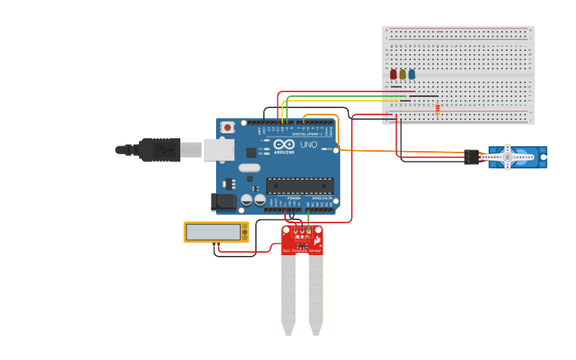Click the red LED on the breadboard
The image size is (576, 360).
[393, 75]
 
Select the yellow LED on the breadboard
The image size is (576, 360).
[403, 75]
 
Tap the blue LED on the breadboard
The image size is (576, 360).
[412, 75]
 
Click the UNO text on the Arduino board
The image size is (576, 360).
[307, 145]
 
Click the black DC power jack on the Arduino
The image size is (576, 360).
[224, 202]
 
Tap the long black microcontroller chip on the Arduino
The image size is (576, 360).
[300, 186]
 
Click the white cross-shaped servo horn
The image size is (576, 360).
[507, 157]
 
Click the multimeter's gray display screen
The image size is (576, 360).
[214, 232]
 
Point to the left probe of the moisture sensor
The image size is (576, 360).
[288, 294]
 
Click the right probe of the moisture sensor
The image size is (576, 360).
[315, 294]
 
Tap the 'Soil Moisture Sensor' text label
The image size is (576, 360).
[303, 250]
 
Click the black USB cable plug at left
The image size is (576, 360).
[159, 149]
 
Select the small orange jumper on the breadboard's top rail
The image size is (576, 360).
[440, 32]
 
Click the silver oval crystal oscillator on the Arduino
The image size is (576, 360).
[249, 168]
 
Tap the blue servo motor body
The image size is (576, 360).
[524, 157]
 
